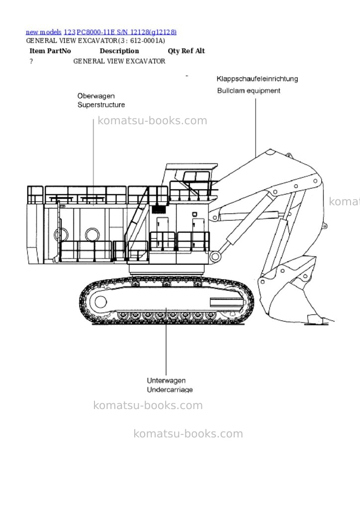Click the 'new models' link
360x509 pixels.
43,32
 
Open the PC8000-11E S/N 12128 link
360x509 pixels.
127,32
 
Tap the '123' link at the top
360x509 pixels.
70,32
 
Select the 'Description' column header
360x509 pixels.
119,51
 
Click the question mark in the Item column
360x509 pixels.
31,61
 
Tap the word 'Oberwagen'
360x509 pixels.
96,96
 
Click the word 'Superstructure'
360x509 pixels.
101,105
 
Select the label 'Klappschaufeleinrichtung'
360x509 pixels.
257,79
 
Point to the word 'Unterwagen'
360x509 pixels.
166,380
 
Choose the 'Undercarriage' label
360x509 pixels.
170,390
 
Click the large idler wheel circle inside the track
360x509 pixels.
100,302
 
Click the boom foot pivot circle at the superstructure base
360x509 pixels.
215,256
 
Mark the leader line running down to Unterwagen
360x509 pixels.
166,341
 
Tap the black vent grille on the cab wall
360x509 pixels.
159,209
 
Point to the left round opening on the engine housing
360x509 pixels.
61,235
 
